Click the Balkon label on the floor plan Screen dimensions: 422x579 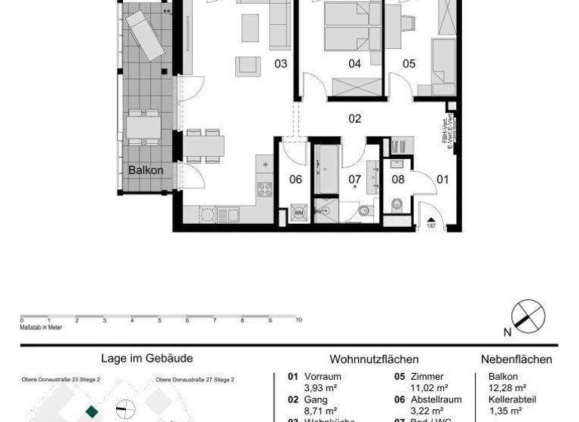coord(146,170)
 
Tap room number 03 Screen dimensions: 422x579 coord(280,64)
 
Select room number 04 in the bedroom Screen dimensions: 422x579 coord(354,64)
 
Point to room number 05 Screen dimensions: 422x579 coord(409,64)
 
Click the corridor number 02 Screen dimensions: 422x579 coord(354,118)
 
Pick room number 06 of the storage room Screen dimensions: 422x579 coord(296,179)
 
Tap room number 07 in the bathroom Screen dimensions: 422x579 coord(354,179)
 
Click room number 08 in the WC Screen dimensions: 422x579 coord(398,179)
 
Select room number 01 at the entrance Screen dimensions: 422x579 coord(443,179)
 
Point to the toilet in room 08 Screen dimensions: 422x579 coord(397,203)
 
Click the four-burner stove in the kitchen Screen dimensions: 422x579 coord(265,190)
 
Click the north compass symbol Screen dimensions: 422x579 coord(528,316)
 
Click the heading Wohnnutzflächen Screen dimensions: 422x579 coord(374,359)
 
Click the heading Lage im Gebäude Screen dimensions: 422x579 coord(147,359)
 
